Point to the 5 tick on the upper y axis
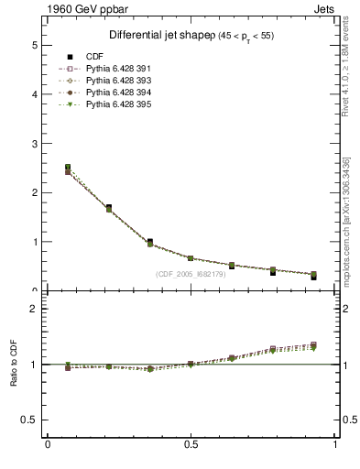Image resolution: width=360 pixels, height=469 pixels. coord(34,45)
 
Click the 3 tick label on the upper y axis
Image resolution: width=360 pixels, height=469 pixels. coord(34,144)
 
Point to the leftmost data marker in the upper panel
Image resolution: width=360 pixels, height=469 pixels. coord(68,168)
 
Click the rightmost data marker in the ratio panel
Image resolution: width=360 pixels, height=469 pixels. coord(313,345)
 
